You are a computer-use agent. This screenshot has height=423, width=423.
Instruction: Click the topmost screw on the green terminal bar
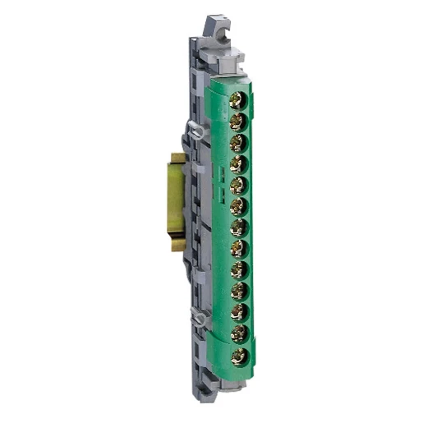[238, 101]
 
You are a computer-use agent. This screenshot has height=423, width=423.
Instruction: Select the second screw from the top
[238, 122]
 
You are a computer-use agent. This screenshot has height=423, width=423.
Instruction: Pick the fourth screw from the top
[239, 164]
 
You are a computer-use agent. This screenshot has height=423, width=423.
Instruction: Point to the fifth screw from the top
[239, 186]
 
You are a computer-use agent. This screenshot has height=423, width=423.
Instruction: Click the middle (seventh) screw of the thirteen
[240, 228]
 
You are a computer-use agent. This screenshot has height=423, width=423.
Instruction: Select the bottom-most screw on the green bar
[240, 356]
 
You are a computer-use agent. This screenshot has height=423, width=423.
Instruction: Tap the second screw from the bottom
[240, 334]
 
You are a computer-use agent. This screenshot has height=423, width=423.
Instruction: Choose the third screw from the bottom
[240, 313]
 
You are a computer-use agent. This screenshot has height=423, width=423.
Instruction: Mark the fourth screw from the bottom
[240, 292]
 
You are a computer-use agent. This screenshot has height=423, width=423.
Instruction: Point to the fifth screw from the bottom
[240, 271]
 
